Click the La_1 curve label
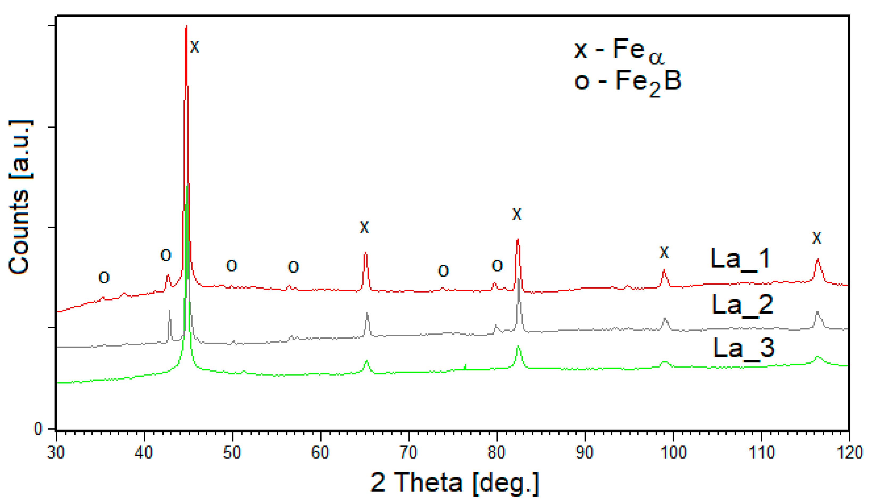pyautogui.click(x=740, y=259)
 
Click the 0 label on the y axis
pyautogui.click(x=38, y=429)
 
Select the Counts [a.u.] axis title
pyautogui.click(x=20, y=197)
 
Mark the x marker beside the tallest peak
pyautogui.click(x=195, y=47)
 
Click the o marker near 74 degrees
pyautogui.click(x=443, y=271)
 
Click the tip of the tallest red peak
pyautogui.click(x=186, y=26)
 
